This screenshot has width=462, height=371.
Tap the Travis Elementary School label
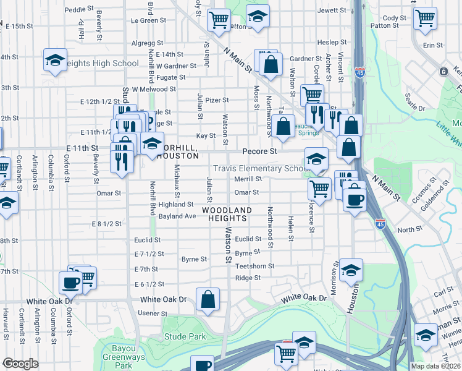coord(260,169)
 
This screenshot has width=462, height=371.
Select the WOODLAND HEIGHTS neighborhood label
coord(227,214)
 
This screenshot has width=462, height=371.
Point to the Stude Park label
coord(185,337)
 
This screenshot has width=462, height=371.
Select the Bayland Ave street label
coord(177,216)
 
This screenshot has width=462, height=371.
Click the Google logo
coord(20,364)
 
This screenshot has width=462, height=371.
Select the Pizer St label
coord(217,100)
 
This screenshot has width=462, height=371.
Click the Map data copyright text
coord(435,366)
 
